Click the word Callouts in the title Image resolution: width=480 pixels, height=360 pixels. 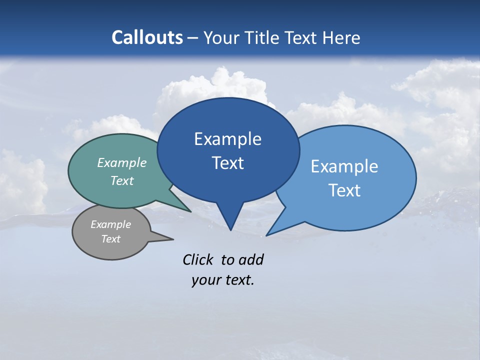147,37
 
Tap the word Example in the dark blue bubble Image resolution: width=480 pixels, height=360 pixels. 227,139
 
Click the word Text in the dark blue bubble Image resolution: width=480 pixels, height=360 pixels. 227,163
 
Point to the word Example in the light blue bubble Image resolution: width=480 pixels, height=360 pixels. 344,166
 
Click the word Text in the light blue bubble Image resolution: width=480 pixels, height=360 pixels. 344,190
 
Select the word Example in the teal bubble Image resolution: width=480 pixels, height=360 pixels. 122,163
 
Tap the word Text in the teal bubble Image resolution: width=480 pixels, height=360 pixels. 122,180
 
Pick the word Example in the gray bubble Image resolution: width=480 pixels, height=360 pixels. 110,224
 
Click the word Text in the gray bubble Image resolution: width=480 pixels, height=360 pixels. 110,239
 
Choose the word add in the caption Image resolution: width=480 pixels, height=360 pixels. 251,259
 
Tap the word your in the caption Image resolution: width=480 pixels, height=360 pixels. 205,280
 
